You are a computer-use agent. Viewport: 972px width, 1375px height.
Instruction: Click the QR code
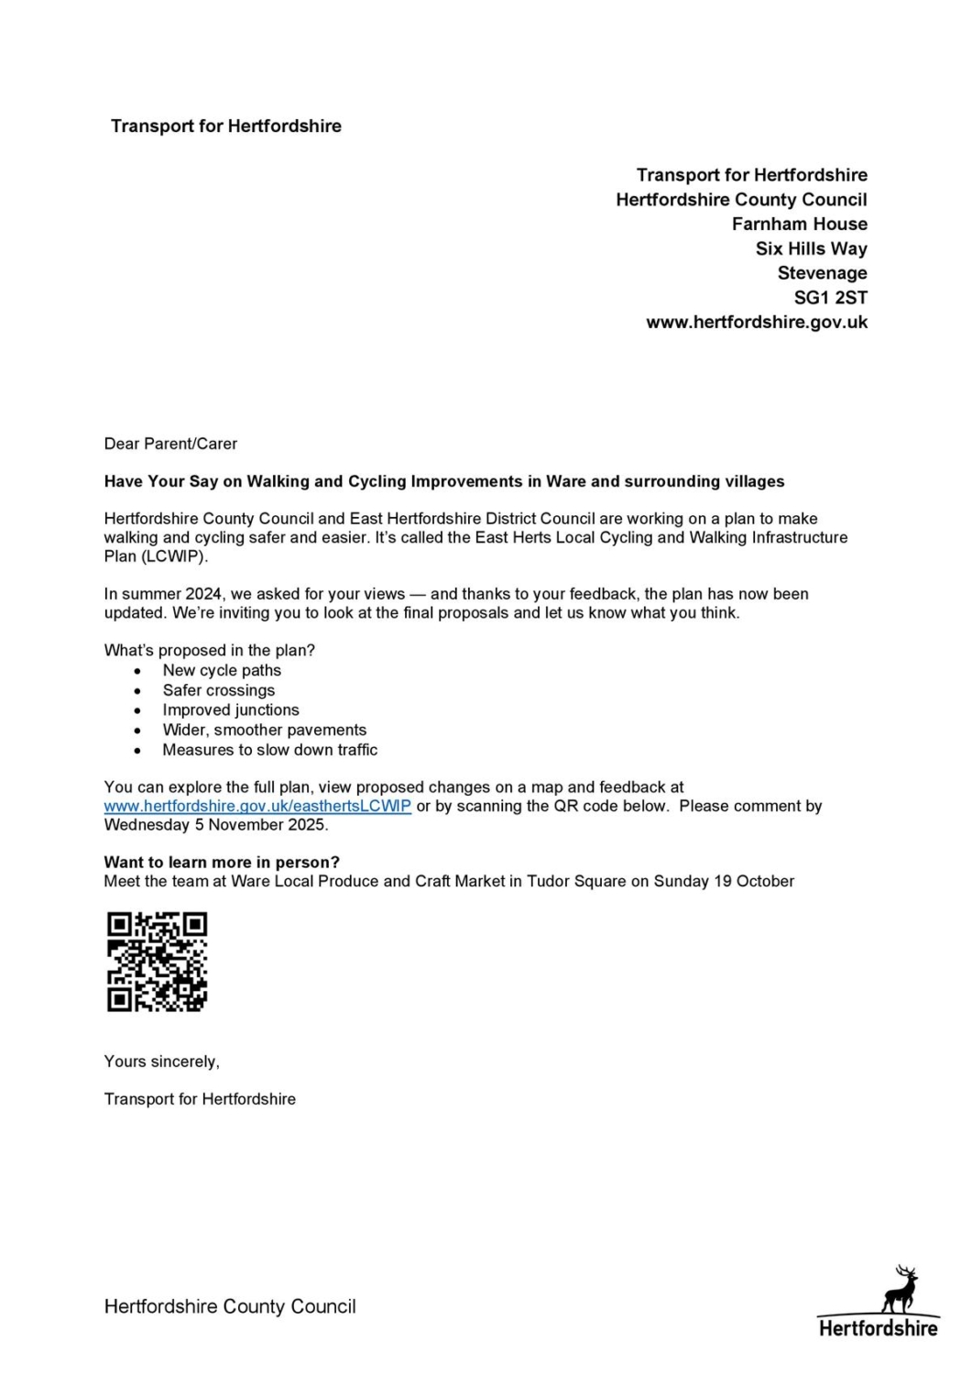pos(157,962)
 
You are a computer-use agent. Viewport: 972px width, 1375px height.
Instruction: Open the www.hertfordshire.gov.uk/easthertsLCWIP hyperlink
pos(257,807)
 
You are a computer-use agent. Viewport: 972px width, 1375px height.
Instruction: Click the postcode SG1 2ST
pos(830,298)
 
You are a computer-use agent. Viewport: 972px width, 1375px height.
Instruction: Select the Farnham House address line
pos(799,225)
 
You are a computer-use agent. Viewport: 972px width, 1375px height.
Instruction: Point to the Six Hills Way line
pos(811,248)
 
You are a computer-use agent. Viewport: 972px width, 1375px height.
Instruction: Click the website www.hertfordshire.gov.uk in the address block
pos(757,323)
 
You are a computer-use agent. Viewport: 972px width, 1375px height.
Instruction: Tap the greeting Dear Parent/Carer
pos(170,444)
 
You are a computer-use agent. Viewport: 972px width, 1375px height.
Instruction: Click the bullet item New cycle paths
pos(222,671)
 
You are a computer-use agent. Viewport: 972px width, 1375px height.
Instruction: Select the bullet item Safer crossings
pos(218,690)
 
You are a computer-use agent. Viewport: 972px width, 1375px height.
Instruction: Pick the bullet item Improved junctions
pos(231,710)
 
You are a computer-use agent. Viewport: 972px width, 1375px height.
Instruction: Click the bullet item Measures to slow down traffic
pos(269,750)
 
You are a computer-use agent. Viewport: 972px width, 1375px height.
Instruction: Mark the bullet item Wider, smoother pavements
pos(264,731)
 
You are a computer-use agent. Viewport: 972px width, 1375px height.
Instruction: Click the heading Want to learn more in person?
pos(222,863)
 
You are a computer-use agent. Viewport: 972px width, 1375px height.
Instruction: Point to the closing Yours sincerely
pos(161,1061)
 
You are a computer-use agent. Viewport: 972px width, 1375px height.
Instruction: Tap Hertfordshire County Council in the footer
pos(230,1307)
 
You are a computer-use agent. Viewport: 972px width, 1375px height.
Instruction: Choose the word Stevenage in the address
pos(822,273)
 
